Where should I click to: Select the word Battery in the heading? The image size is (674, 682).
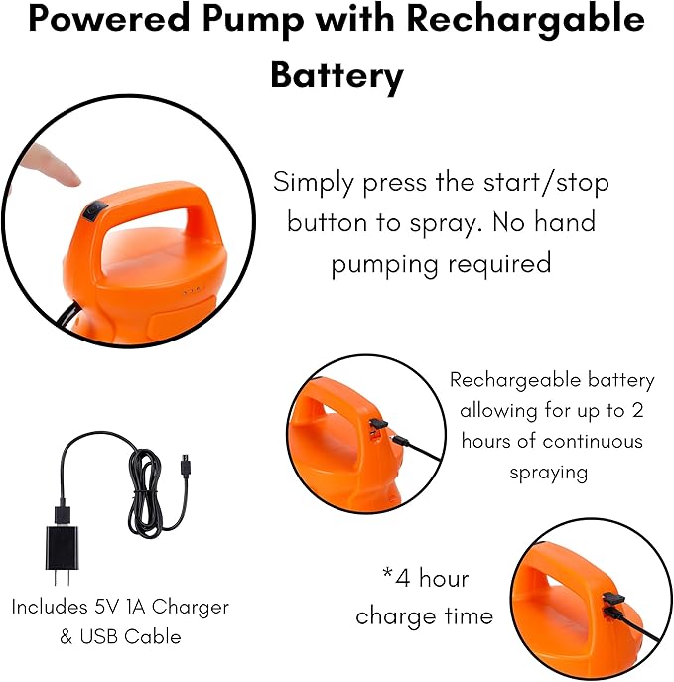[337, 75]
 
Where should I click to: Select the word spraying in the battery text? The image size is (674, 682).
[549, 472]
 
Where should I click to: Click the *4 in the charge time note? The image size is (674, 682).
[395, 578]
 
